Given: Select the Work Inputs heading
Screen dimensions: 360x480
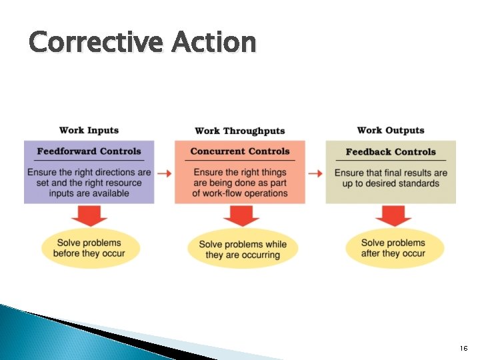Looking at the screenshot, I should click(x=89, y=130).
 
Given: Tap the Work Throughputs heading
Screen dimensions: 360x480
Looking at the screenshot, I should click(x=239, y=131).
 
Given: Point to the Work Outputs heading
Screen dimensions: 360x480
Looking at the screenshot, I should click(x=391, y=130).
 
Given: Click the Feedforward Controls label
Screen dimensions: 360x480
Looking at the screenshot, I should click(x=89, y=151).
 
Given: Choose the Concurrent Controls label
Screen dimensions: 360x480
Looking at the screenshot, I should click(x=240, y=151).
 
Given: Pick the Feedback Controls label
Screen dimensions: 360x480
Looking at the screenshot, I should click(x=391, y=152).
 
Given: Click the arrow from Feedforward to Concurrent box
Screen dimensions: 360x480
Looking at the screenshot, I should click(x=164, y=173).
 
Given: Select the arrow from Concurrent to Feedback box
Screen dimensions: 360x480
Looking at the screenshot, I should click(x=315, y=173).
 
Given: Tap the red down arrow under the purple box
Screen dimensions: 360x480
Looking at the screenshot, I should click(x=89, y=215).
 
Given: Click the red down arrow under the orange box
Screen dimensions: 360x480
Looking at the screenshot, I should click(x=241, y=215).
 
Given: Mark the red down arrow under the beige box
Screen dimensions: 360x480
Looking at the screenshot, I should click(x=393, y=215).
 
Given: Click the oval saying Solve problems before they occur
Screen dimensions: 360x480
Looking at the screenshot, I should click(x=89, y=248).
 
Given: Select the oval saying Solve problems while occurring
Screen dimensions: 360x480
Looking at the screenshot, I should click(x=243, y=249).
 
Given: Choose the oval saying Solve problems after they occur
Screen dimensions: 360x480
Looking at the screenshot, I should click(x=393, y=248).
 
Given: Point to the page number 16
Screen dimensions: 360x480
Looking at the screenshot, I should click(x=464, y=349).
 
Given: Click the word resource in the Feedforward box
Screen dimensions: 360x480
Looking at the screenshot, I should click(x=120, y=183).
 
